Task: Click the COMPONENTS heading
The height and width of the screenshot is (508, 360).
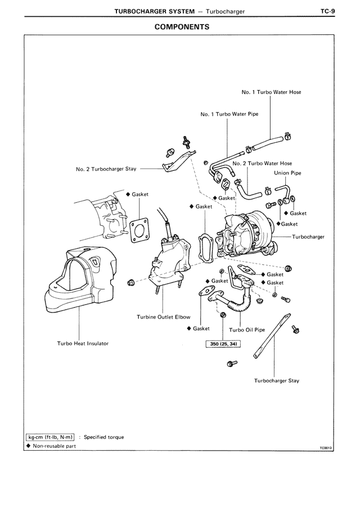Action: click(182, 26)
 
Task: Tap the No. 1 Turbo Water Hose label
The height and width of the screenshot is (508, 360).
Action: click(271, 93)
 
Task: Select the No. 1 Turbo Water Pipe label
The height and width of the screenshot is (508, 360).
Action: click(229, 114)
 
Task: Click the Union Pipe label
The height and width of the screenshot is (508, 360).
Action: click(287, 173)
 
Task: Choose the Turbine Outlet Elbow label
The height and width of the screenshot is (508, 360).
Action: click(164, 317)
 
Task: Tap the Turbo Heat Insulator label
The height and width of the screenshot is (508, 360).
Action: click(83, 343)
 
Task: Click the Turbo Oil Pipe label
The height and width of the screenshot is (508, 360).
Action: click(247, 330)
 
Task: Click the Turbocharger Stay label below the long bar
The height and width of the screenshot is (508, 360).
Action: click(276, 380)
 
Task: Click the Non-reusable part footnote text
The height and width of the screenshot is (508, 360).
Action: click(53, 446)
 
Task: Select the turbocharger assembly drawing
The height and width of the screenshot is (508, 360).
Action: click(247, 236)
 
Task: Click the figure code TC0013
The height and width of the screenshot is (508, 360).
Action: click(326, 448)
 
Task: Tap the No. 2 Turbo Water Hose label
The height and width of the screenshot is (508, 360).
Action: click(262, 164)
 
